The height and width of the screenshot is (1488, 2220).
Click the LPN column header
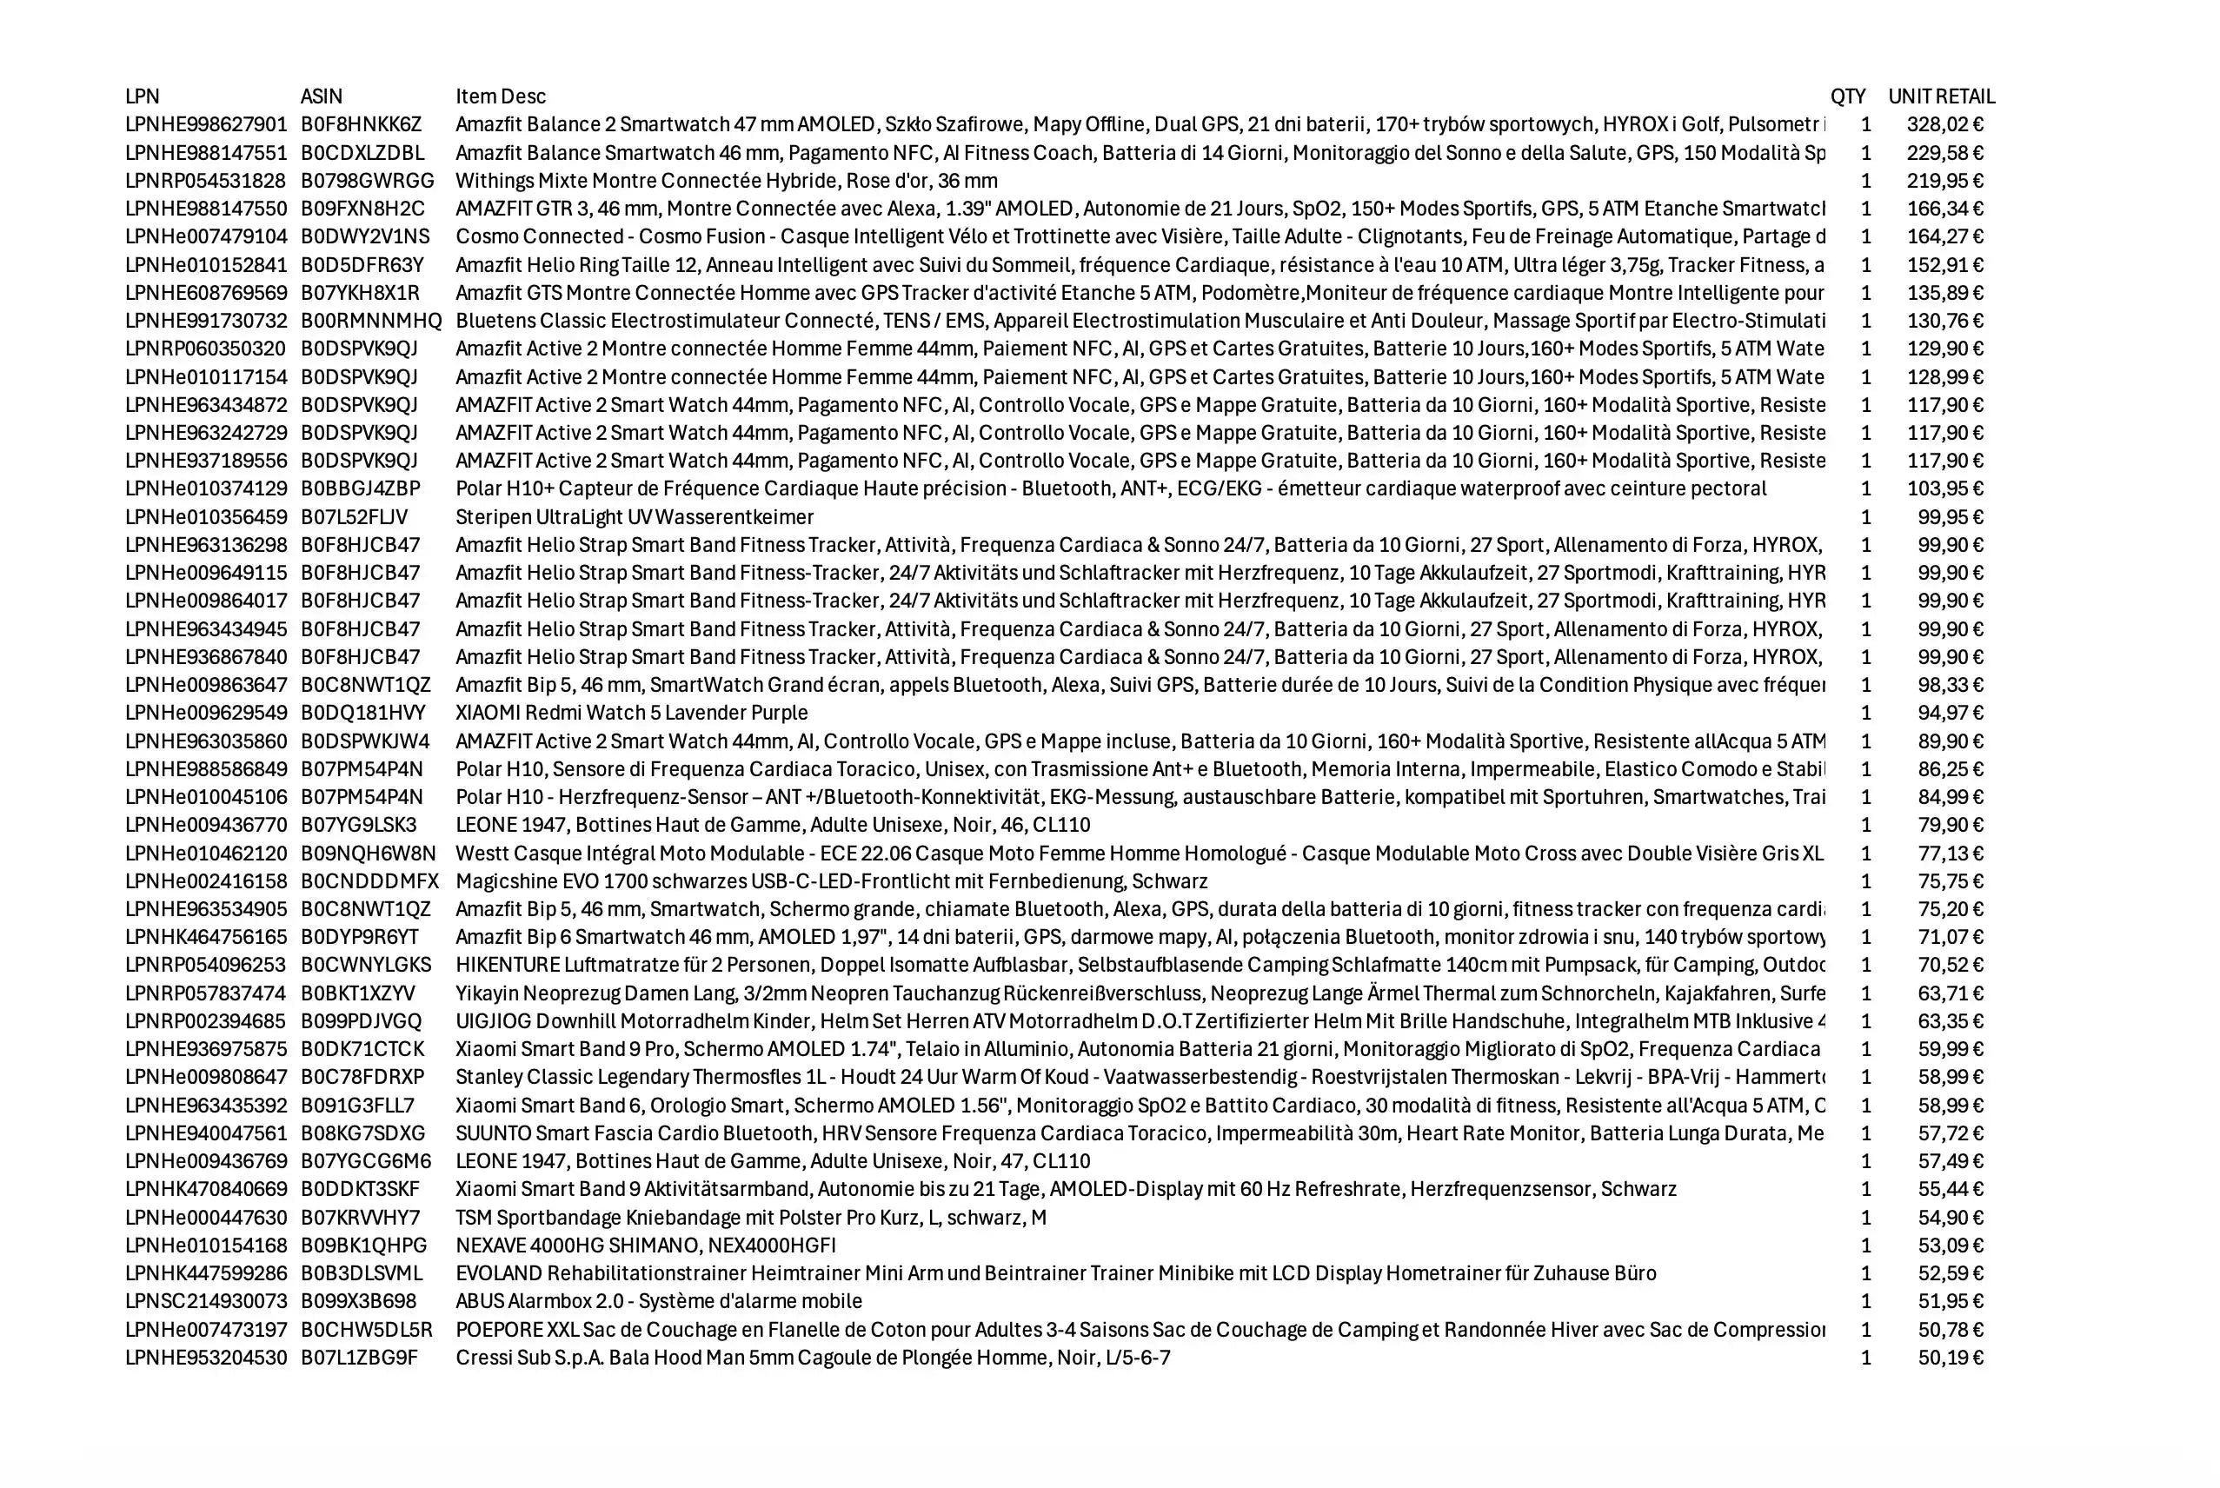143,96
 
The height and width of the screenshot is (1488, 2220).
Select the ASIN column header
321,96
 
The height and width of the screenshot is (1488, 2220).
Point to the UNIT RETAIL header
1941,96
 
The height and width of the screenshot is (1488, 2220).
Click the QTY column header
1847,96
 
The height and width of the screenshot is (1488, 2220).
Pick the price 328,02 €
1944,124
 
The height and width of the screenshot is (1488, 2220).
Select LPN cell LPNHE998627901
206,124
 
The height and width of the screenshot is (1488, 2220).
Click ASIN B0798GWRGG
368,180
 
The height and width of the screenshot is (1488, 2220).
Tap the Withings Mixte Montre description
726,180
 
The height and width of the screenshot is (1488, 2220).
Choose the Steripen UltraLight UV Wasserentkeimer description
634,517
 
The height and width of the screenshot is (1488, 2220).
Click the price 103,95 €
1944,488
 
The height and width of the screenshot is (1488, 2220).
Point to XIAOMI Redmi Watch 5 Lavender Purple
631,713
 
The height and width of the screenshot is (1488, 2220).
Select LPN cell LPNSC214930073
206,1301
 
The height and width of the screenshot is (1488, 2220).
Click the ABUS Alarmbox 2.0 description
659,1301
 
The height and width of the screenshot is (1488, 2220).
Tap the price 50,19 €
1950,1357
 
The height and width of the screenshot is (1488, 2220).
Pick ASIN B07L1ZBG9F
359,1357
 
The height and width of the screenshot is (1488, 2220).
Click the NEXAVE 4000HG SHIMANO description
646,1245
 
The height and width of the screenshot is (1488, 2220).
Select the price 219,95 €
1944,180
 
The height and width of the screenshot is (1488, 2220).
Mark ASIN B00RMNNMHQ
371,321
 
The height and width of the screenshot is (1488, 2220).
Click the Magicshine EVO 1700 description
832,880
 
